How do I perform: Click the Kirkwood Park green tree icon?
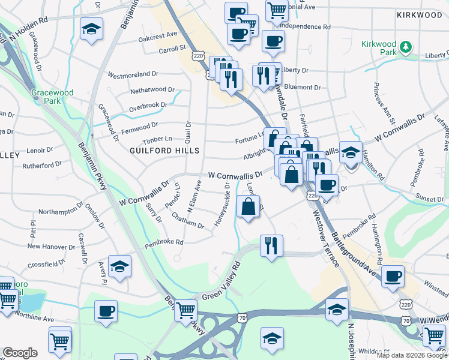coord(406,46)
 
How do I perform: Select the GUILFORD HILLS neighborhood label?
coord(160,150)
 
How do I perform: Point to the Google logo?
coord(20,353)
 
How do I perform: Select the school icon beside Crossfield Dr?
coord(119,267)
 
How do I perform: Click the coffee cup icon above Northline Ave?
coord(106,311)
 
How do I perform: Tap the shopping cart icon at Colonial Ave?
coord(277,10)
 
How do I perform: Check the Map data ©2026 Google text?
coord(412,355)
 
